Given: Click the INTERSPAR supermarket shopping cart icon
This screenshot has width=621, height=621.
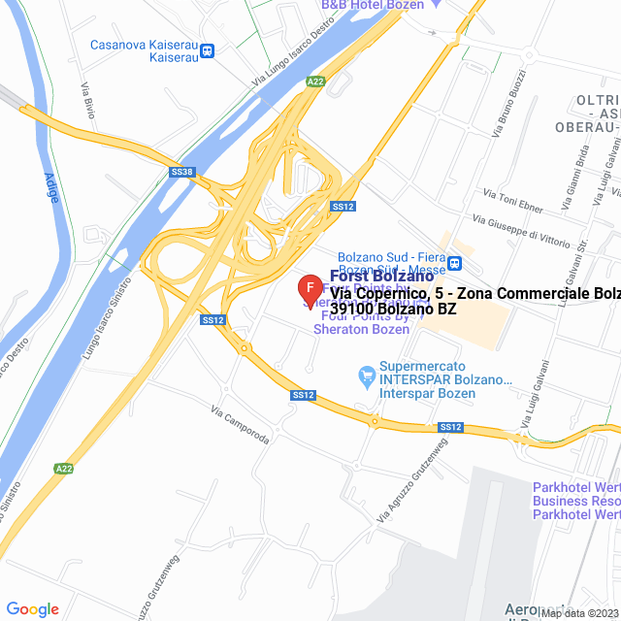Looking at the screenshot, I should coord(366,374).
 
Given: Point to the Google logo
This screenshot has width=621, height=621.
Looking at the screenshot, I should coord(32,608).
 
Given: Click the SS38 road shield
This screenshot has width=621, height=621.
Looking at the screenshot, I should coord(181,172).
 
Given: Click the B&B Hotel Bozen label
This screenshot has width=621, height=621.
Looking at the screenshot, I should coord(373,5).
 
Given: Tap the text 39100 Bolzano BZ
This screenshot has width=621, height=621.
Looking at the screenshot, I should coord(393,310).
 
